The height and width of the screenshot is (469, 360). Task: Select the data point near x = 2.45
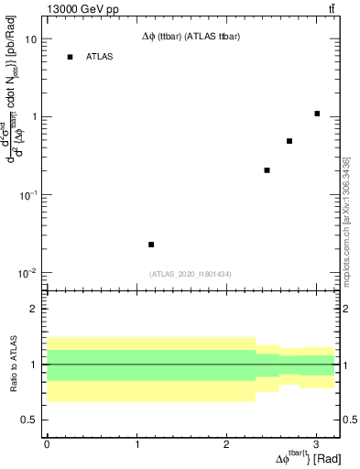[267, 170]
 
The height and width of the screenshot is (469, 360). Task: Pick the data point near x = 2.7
[289, 141]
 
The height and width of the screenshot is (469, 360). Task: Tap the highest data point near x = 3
[317, 114]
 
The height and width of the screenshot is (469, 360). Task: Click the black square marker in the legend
[70, 57]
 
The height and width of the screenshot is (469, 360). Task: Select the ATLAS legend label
[100, 57]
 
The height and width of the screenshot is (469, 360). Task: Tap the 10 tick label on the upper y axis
[30, 39]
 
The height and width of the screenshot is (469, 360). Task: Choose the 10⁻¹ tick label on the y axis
[28, 195]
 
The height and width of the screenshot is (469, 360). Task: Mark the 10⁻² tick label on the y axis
[28, 273]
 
